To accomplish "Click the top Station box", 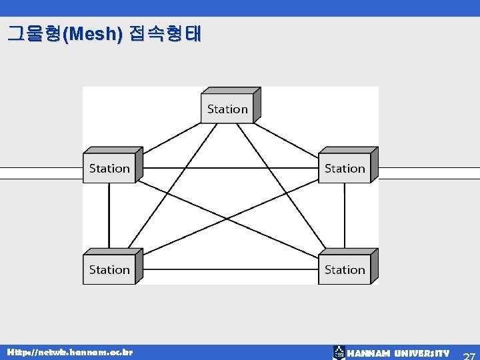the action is pyautogui.click(x=227, y=109).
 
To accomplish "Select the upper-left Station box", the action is pyautogui.click(x=109, y=168).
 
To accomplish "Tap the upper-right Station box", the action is pyautogui.click(x=345, y=168).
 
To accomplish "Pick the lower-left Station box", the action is pyautogui.click(x=109, y=269).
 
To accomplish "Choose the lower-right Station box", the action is pyautogui.click(x=345, y=269).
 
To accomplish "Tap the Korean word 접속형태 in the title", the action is pyautogui.click(x=164, y=34).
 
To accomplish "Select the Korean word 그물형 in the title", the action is pyautogui.click(x=33, y=34).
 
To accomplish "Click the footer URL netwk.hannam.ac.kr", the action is pyautogui.click(x=70, y=351).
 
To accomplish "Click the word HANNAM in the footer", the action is pyautogui.click(x=369, y=353).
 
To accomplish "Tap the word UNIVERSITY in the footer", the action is pyautogui.click(x=422, y=353).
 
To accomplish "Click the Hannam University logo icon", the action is pyautogui.click(x=339, y=353).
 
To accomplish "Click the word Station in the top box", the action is pyautogui.click(x=227, y=109).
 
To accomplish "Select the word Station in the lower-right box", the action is pyautogui.click(x=345, y=269).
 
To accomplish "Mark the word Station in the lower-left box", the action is pyautogui.click(x=109, y=269).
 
